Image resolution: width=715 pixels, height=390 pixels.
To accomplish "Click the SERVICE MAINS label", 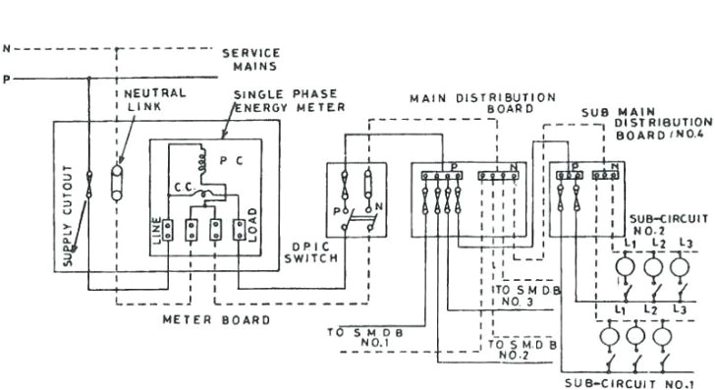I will pos(250,59).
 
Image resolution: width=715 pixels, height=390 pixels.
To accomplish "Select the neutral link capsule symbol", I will pos(122,182).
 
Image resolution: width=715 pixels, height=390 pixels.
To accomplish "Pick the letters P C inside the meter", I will pos(233,159).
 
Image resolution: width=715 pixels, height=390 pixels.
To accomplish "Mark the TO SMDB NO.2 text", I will pos(523,351).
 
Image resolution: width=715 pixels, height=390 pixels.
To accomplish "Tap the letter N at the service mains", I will pos(7,47).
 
